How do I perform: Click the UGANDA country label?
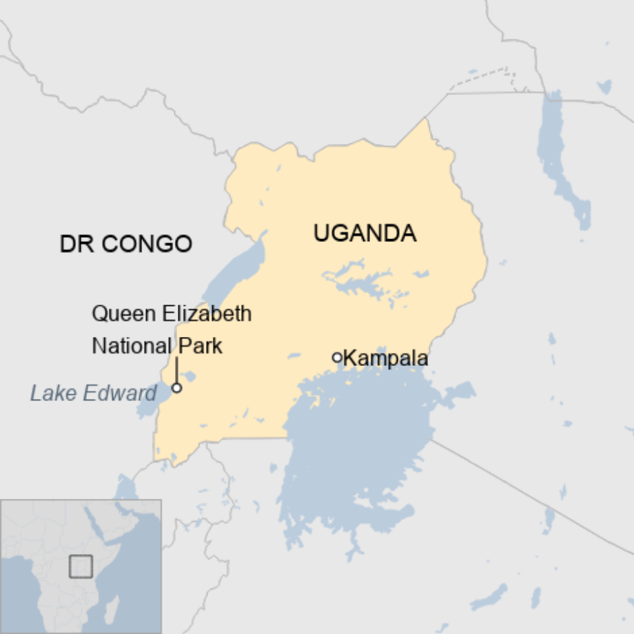tap(365, 234)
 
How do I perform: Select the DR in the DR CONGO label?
tap(75, 244)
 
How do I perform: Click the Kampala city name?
tap(385, 358)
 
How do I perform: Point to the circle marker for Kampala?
tap(337, 357)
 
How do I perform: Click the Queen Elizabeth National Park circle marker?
tap(176, 388)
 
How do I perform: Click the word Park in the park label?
tap(200, 345)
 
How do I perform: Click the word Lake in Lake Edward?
tap(52, 393)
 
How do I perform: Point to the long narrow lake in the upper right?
tap(562, 165)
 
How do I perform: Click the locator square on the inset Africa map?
tap(81, 566)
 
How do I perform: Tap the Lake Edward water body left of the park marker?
tap(152, 403)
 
